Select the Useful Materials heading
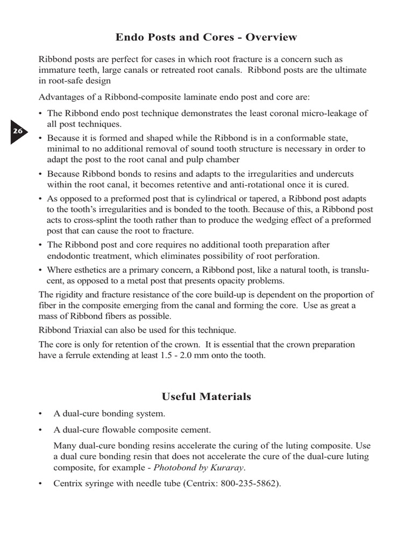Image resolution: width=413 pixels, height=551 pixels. click(x=206, y=397)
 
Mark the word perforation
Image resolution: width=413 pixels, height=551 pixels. click(x=295, y=256)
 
